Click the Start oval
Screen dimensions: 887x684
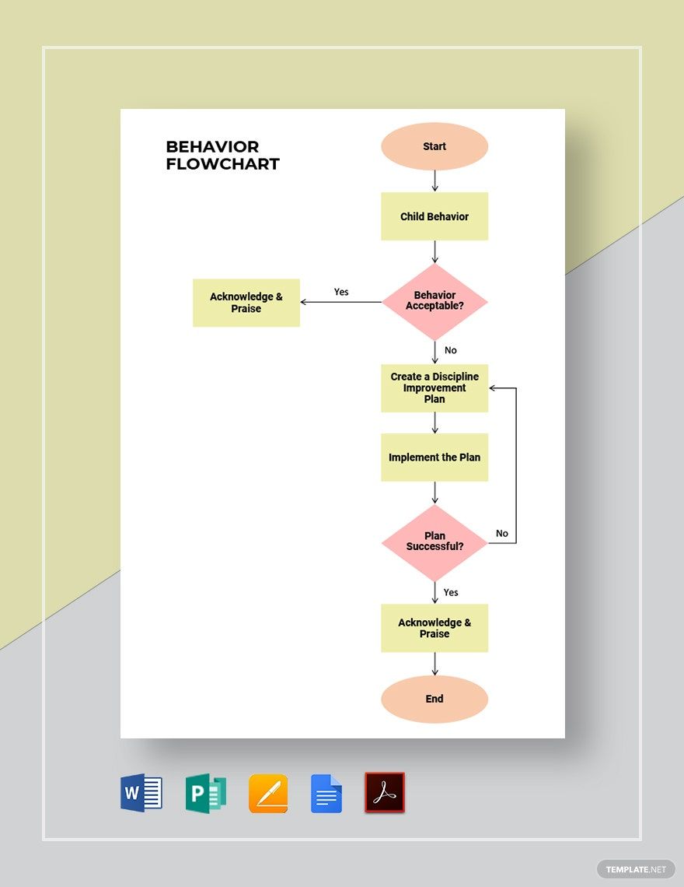pos(434,146)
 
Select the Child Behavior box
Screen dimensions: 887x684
pos(434,216)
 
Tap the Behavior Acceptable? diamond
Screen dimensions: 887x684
pos(434,301)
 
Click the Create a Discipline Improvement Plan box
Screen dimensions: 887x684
pos(434,387)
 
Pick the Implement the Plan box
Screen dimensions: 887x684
pos(434,458)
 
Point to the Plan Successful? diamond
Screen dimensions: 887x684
pos(434,542)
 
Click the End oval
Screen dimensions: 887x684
pos(434,699)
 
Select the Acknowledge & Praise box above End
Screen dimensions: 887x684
pos(434,628)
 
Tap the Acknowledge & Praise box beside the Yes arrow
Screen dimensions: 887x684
pos(246,303)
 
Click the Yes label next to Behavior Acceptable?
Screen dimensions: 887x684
pos(341,292)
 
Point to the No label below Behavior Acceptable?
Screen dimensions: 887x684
pos(451,350)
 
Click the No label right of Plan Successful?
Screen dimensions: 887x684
pos(502,533)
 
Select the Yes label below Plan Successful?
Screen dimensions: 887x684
pos(451,592)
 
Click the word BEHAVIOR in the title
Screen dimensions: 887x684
pos(212,146)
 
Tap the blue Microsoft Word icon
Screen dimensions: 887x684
pos(141,794)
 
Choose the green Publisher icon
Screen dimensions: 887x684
pos(205,794)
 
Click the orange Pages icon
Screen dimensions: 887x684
pos(268,794)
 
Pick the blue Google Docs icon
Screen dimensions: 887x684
pos(326,794)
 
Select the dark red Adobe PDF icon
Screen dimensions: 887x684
pos(385,793)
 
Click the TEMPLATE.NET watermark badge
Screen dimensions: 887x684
pos(636,869)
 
